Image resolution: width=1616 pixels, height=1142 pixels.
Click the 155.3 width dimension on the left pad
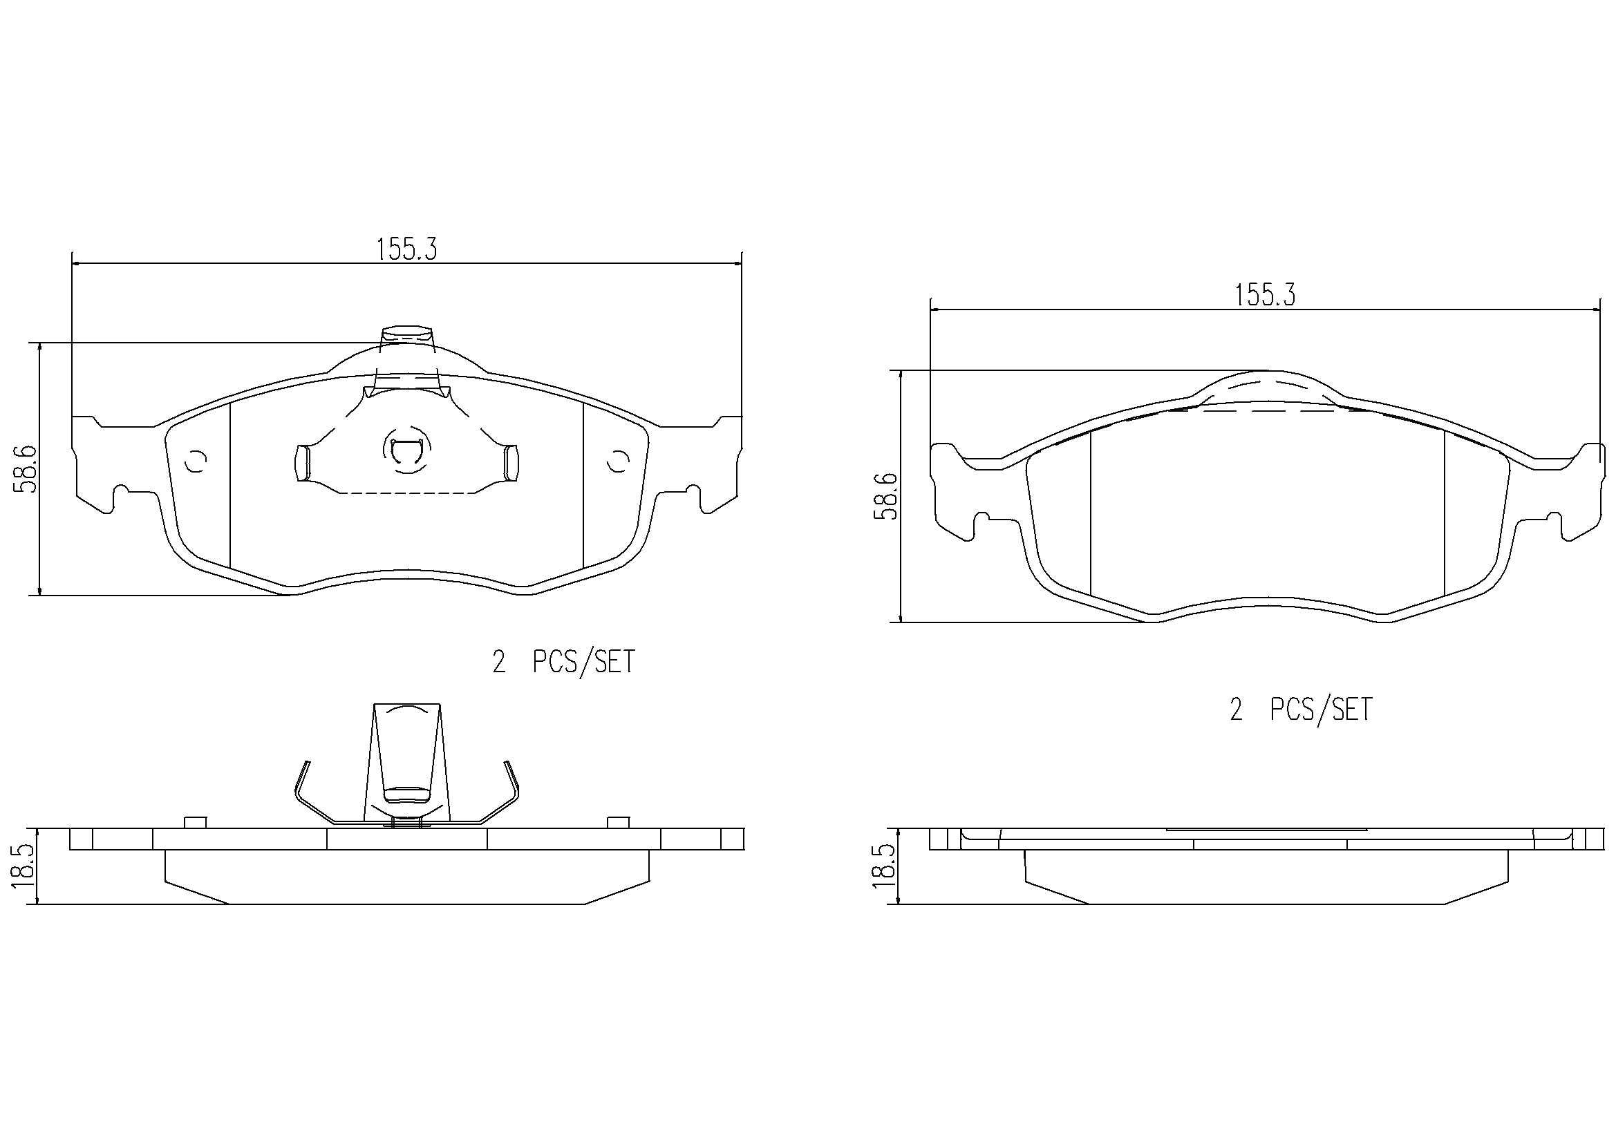coord(407,249)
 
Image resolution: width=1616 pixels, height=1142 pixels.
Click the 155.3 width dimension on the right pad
coord(1265,296)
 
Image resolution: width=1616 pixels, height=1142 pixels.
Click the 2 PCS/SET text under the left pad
coord(563,662)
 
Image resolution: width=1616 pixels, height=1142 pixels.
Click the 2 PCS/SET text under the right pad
coord(1301,710)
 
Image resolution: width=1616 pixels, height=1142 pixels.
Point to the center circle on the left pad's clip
coord(403,451)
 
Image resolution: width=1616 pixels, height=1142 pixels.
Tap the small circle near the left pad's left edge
coord(195,461)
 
